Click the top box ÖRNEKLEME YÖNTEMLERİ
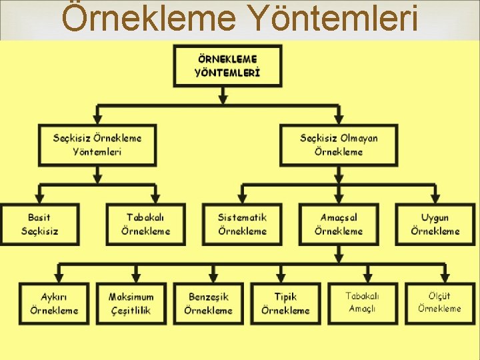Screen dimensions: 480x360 (227, 65)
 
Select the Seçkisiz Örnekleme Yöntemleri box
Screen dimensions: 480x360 (97, 145)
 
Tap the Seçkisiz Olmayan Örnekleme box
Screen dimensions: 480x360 (339, 145)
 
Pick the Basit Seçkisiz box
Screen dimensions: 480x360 (39, 224)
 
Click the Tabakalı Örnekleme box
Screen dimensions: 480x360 (145, 224)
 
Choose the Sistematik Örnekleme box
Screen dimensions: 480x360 (242, 224)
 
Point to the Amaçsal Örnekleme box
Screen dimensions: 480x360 (339, 224)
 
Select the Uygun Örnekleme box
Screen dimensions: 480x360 (435, 224)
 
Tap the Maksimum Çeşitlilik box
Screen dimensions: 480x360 (131, 303)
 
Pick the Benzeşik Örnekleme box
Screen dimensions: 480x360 (208, 303)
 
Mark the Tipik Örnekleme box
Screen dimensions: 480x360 (285, 303)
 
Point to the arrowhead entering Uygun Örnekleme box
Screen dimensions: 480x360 (435, 199)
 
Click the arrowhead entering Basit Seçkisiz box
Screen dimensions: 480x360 (39, 199)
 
